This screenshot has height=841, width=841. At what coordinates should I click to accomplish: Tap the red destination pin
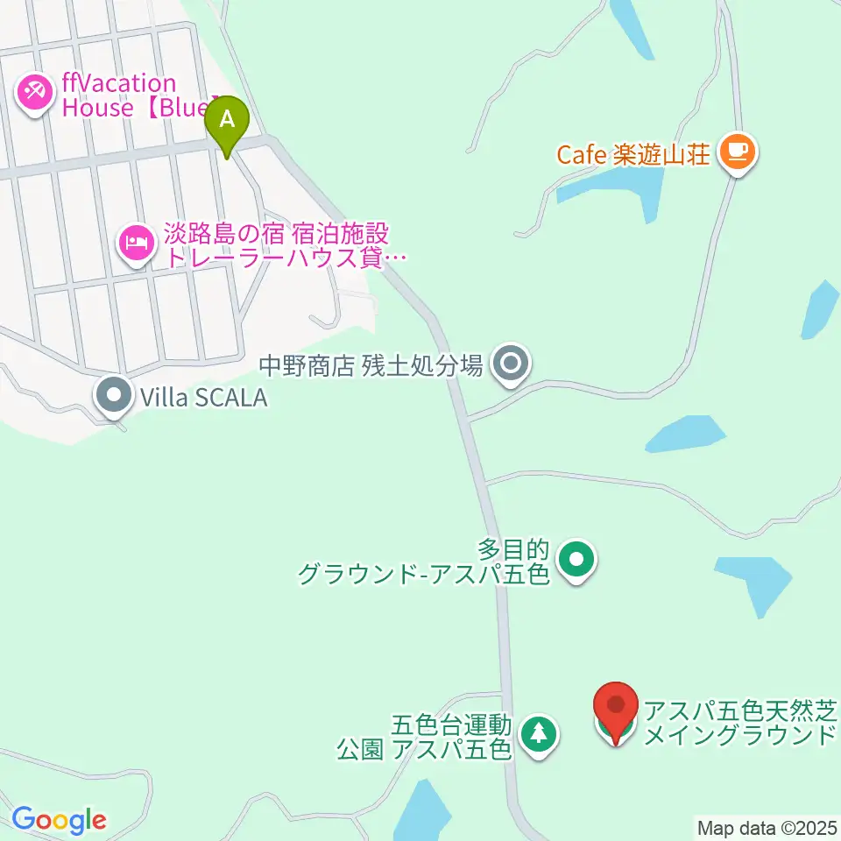(616, 708)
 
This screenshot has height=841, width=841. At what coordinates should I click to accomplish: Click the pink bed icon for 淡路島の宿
(135, 238)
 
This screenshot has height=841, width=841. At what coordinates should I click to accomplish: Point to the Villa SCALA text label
(199, 398)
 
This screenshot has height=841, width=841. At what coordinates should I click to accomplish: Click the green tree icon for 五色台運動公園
(539, 732)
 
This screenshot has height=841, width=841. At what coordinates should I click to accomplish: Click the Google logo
(59, 821)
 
